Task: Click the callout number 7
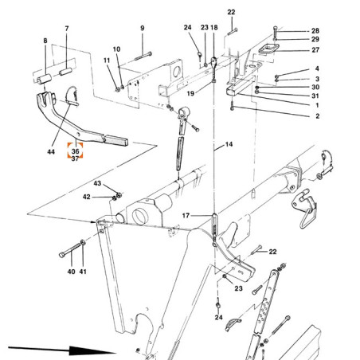(67, 29)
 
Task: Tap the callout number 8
(45, 41)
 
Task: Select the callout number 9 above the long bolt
(143, 28)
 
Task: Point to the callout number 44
(51, 151)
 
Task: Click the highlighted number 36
(75, 151)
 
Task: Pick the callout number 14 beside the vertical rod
(229, 144)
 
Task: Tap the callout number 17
(186, 215)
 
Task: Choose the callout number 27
(315, 50)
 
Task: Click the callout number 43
(97, 183)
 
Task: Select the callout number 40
(71, 272)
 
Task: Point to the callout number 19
(190, 93)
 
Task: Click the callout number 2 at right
(317, 116)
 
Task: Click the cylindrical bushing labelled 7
(66, 72)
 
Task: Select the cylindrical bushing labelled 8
(45, 80)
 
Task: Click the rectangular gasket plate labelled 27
(269, 50)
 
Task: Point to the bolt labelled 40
(70, 250)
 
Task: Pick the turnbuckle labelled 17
(214, 225)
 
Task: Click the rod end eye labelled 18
(214, 62)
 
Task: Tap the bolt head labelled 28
(275, 28)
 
